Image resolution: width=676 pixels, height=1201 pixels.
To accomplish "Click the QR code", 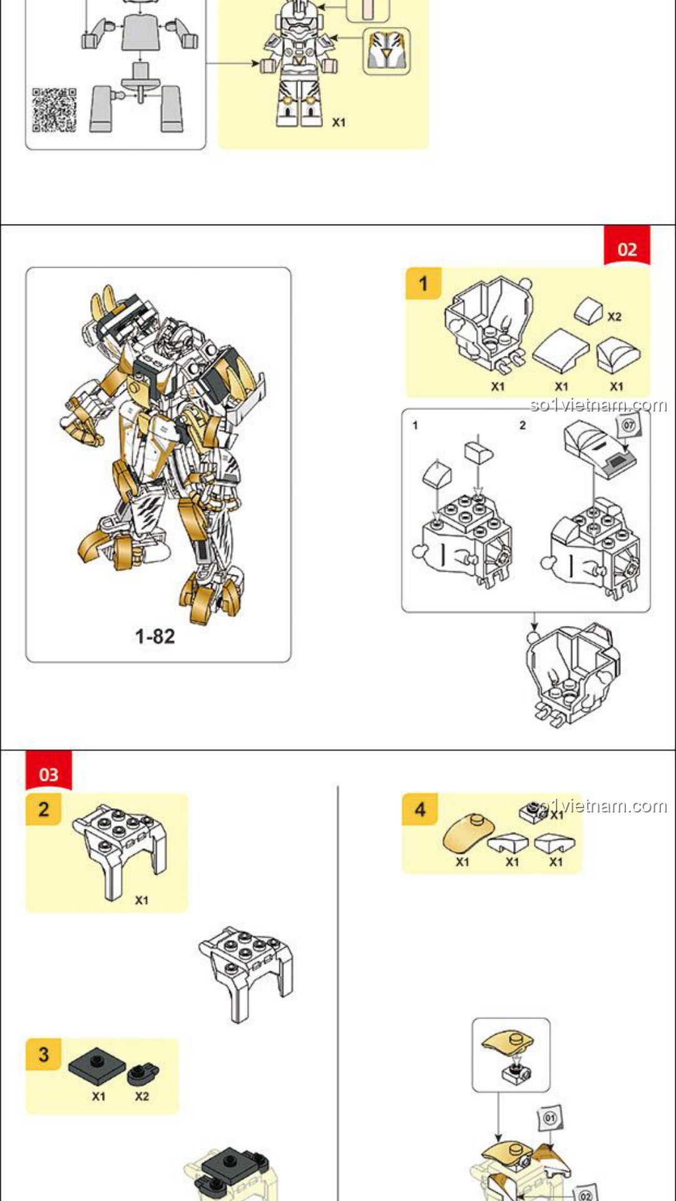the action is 54,110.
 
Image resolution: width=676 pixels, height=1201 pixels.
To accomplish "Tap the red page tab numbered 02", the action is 627,246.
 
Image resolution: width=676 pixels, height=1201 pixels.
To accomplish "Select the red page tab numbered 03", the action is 49,771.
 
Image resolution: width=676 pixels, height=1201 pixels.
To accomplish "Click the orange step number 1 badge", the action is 423,283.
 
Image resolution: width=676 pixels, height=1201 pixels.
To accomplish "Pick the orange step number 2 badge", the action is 43,809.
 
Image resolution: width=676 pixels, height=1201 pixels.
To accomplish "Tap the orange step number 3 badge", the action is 43,1055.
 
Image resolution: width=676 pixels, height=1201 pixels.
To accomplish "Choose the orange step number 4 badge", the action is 419,809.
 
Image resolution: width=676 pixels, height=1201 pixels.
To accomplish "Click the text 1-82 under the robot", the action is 155,637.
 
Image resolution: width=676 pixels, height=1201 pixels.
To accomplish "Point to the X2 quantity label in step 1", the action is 615,317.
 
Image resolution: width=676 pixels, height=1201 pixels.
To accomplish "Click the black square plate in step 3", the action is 97,1065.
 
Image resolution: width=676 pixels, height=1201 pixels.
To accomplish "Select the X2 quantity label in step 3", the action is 142,1096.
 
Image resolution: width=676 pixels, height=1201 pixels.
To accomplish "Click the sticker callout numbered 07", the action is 628,425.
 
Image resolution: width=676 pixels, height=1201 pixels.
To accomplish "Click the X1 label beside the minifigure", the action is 339,123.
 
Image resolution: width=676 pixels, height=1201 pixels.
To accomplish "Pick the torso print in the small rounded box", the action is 387,51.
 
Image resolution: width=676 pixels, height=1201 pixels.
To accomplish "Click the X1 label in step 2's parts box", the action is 142,900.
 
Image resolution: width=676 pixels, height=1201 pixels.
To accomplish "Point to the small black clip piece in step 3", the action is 143,1073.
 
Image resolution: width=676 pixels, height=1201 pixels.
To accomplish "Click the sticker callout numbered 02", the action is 585,1193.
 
